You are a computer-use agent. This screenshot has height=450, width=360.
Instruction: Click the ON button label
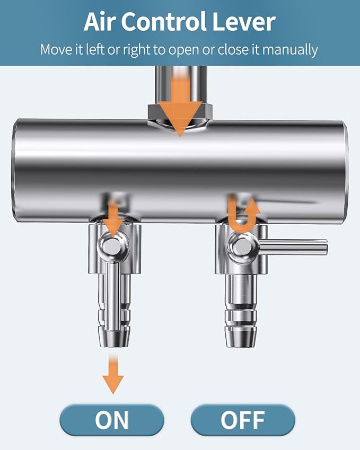pos(112,420)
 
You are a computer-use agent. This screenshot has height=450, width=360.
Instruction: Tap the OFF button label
pos(243,420)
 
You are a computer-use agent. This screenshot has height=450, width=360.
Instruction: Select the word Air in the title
pos(99,22)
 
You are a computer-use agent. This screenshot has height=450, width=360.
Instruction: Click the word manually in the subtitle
pos(290,50)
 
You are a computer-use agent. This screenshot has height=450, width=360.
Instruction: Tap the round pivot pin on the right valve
pos(242,246)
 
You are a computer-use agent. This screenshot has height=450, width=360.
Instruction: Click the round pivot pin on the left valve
pos(112,246)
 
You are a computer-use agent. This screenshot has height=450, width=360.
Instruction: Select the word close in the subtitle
pos(233,50)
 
